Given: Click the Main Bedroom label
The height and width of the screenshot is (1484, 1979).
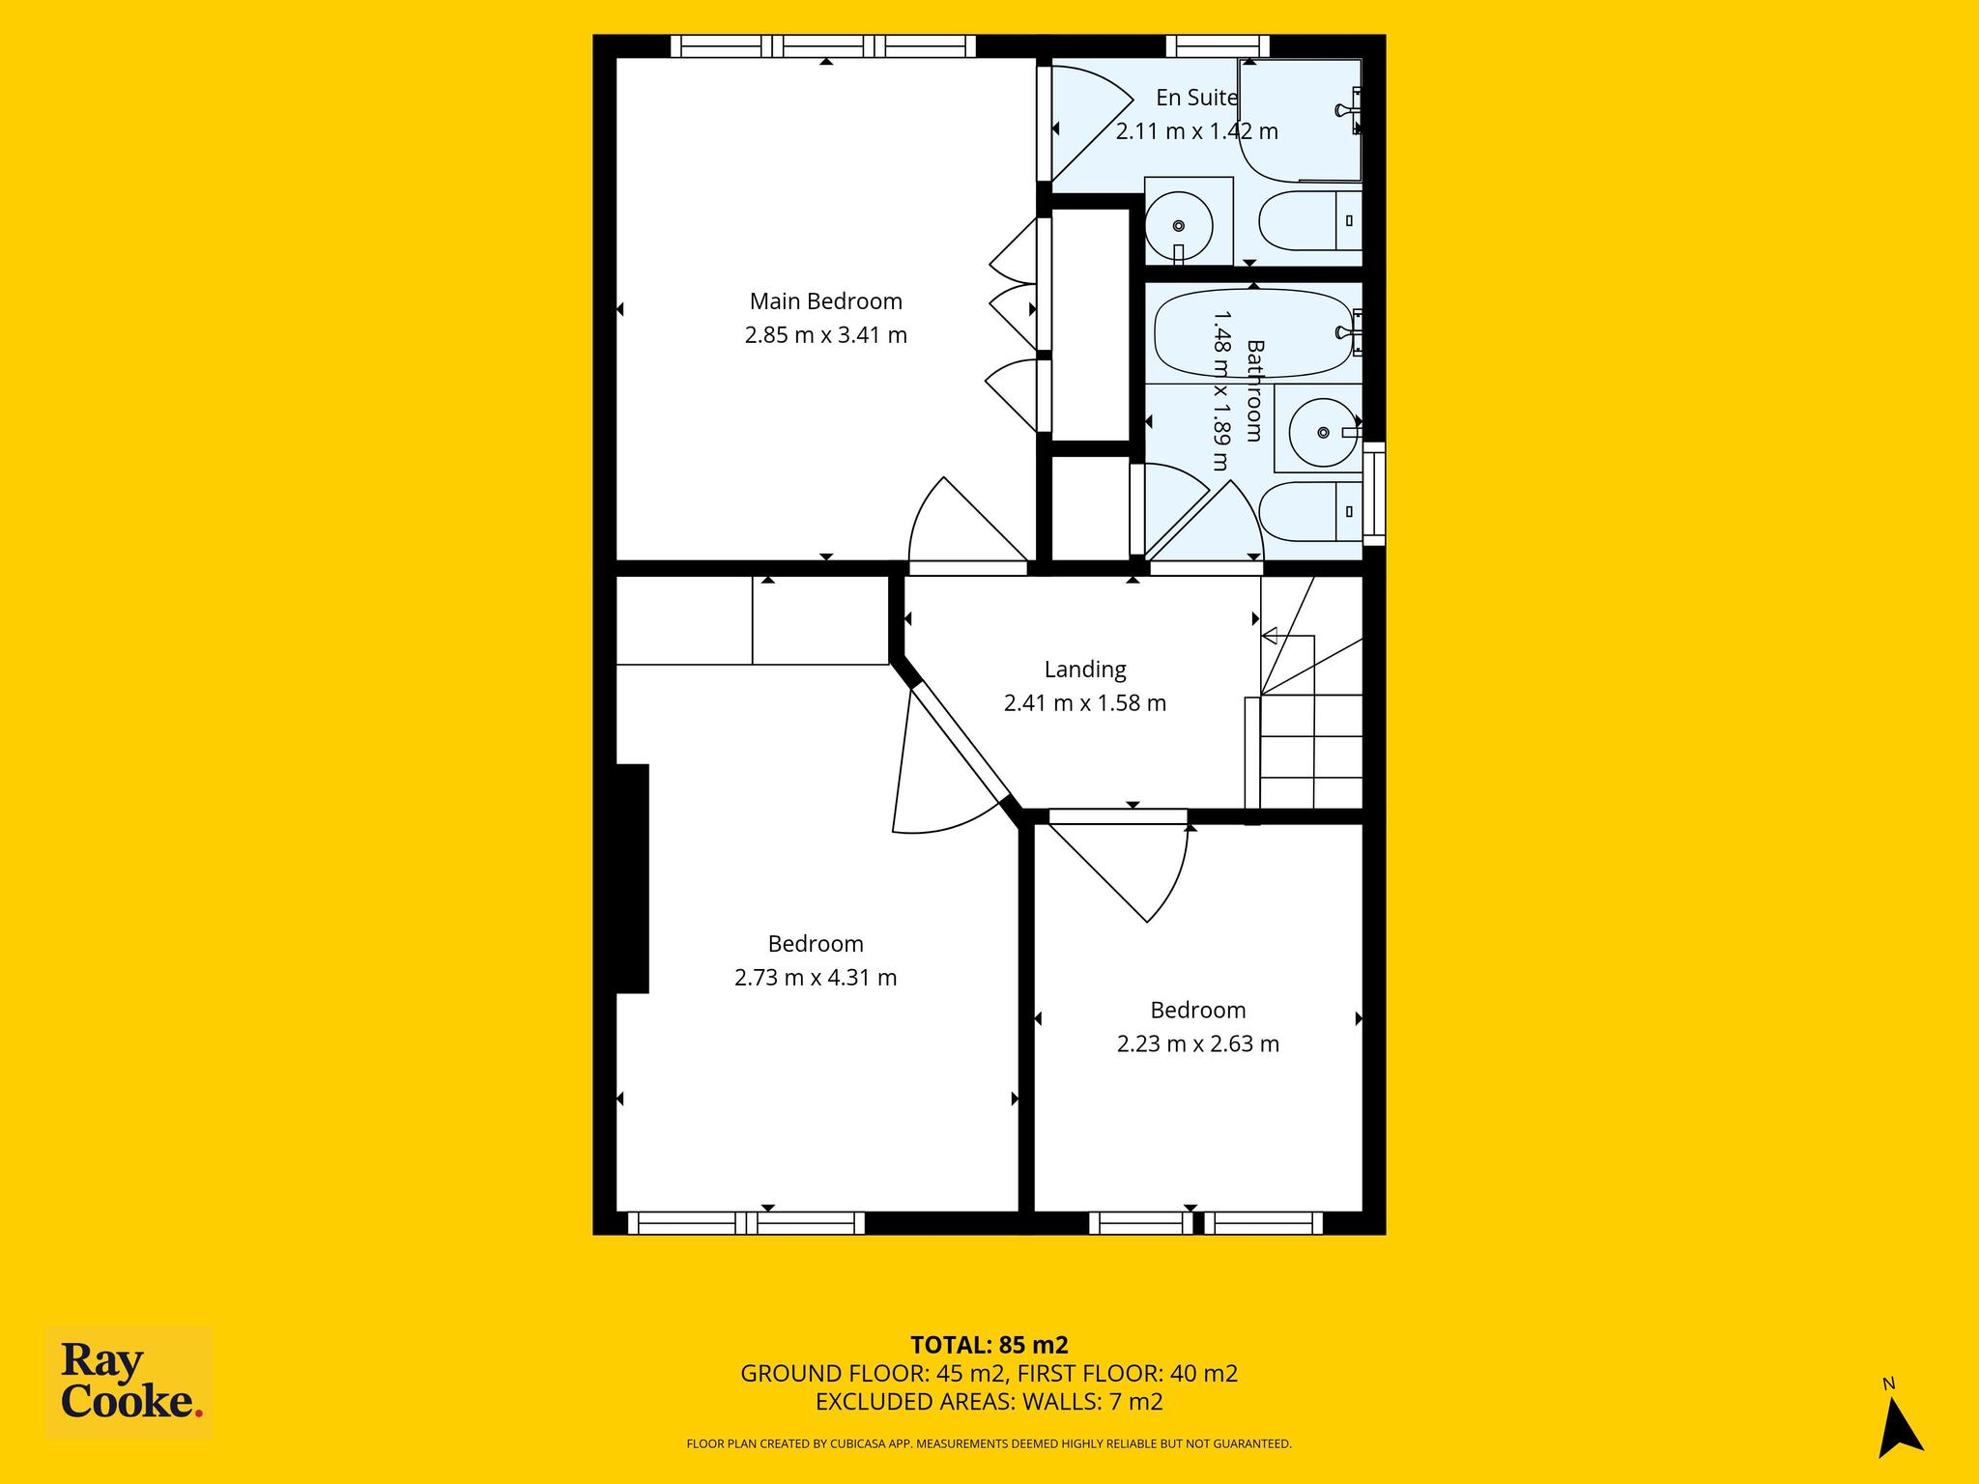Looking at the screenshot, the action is pos(826,301).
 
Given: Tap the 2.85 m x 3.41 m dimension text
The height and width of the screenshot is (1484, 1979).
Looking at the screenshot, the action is pos(826,335).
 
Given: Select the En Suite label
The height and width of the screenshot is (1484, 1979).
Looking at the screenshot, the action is pos(1197,98).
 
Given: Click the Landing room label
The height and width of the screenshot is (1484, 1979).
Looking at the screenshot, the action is pos(1085,670).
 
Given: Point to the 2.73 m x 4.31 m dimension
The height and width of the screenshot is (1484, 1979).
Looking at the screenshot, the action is pos(816,978).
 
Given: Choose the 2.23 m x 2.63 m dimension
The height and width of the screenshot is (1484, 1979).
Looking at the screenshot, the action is pos(1198,1044).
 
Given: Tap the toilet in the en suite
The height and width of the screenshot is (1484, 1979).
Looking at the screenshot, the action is pos(1310,221).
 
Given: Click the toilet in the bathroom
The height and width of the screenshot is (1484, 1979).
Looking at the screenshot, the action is pos(1310,512).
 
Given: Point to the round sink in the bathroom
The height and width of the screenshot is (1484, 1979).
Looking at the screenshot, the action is pos(1323,433).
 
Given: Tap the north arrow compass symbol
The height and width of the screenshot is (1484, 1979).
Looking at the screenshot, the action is pos(1899,1426).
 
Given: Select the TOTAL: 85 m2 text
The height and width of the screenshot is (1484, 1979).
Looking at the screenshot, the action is pos(989,1345).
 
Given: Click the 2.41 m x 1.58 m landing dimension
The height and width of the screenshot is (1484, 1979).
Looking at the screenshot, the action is pos(1085,703).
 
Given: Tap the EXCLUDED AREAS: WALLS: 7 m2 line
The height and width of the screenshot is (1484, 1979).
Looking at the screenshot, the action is pos(989,1401).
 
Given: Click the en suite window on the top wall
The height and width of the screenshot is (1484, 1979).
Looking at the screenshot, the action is pos(1218,46).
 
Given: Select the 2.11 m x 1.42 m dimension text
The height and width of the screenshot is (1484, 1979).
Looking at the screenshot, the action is pos(1197,131).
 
